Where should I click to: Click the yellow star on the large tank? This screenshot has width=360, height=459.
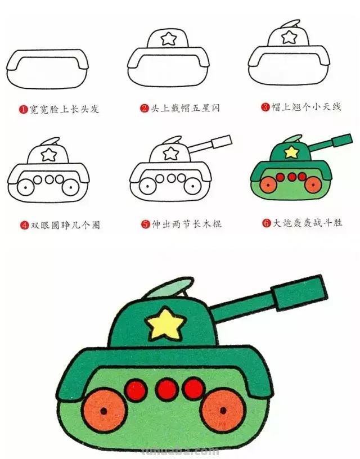(165, 324)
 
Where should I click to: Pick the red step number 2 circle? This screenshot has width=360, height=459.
(145, 108)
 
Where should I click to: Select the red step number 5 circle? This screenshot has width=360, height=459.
(145, 224)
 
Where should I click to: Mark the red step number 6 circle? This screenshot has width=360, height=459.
(266, 223)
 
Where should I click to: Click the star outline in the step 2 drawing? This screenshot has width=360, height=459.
(168, 38)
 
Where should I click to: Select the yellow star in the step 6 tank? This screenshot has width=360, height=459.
(291, 151)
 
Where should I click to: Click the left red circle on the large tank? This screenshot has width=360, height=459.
(136, 390)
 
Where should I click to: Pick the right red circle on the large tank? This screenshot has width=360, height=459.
(194, 389)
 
